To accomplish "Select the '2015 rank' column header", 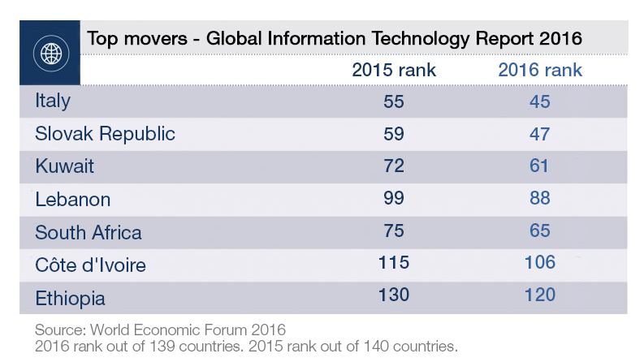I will [394, 71].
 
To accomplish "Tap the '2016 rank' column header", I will [540, 71].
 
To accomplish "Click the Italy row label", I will [53, 101].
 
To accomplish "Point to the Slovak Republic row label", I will [105, 134].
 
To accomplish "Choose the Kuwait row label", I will [65, 166].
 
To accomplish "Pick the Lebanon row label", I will [73, 200].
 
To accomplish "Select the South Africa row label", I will [89, 233].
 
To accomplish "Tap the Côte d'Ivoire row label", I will [90, 265].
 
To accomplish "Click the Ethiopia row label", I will [71, 299].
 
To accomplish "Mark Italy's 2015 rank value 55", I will [394, 101].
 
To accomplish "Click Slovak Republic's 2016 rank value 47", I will [540, 134].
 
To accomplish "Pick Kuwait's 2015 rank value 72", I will [394, 166].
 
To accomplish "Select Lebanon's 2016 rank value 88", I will [540, 198].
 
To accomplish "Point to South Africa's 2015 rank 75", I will [394, 231].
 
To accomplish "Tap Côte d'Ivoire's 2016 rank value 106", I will [540, 263].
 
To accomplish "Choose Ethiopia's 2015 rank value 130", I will [394, 295].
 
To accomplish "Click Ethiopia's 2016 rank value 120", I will [540, 295].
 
